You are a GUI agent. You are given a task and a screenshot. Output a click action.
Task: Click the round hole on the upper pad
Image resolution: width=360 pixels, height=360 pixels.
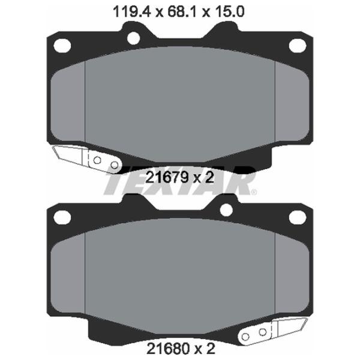tap(133, 38)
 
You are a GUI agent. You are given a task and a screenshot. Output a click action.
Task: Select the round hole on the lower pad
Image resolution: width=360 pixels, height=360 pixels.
tap(226, 209)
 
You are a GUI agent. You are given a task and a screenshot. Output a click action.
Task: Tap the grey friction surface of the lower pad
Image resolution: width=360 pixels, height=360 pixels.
tap(180, 276)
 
